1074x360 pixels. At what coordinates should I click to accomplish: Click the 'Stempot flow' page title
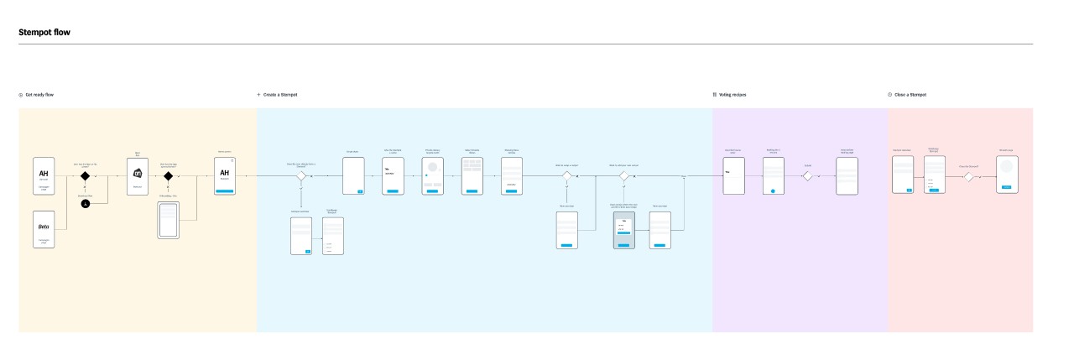click(44, 32)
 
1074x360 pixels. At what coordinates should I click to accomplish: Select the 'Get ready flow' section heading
click(39, 95)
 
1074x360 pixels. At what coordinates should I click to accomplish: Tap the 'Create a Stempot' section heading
click(280, 95)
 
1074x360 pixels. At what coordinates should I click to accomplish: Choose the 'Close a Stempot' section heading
click(910, 95)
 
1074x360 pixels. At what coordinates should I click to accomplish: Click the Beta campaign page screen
click(44, 229)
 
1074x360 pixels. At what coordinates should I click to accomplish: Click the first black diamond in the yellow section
click(85, 176)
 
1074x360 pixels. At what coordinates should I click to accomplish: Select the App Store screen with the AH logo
click(138, 175)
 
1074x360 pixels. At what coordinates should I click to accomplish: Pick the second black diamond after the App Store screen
click(168, 176)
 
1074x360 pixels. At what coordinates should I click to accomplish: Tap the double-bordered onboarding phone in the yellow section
click(169, 222)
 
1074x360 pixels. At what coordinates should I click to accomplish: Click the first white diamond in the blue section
click(301, 176)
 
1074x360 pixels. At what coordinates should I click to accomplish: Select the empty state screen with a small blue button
click(352, 175)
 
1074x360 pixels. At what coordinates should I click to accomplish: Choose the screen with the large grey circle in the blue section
click(433, 175)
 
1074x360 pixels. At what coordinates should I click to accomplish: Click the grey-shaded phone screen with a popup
click(623, 230)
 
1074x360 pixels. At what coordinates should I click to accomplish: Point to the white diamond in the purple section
click(807, 176)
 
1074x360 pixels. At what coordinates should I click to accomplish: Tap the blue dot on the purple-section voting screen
click(774, 190)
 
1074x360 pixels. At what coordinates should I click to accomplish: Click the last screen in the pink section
click(1007, 175)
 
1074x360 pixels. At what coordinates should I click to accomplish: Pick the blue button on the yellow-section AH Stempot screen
click(224, 191)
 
